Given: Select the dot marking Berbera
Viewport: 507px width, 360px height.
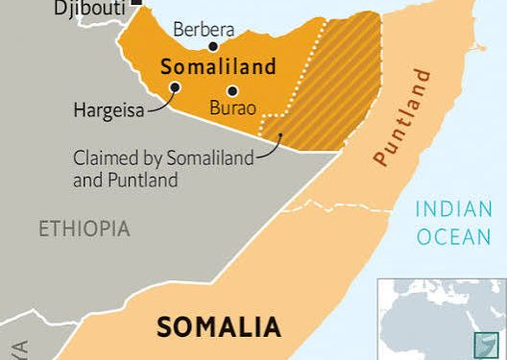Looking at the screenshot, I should click(x=213, y=44).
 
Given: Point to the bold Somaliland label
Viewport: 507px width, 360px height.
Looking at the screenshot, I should click(x=218, y=67).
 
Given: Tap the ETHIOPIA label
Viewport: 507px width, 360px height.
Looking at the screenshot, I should click(x=84, y=228).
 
